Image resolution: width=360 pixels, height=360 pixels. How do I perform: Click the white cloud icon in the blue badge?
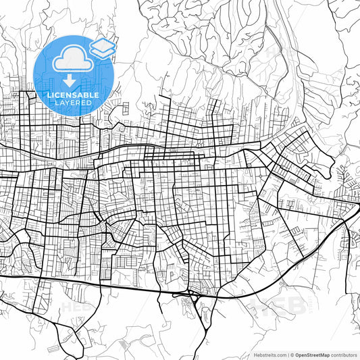[70, 60]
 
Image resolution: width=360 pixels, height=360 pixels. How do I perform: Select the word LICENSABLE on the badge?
[73, 95]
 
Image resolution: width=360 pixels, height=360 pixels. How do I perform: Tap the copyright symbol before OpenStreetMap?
[291, 354]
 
